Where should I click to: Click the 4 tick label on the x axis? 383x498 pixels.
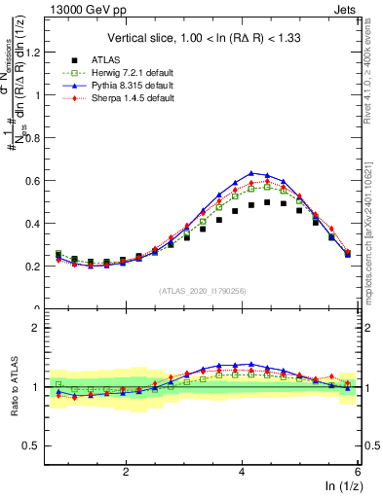[x=242, y=471]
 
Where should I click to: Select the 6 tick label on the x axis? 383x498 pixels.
[x=356, y=471]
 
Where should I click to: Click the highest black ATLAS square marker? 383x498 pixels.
[x=267, y=202]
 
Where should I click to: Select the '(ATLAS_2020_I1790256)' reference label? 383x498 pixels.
[x=201, y=290]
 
